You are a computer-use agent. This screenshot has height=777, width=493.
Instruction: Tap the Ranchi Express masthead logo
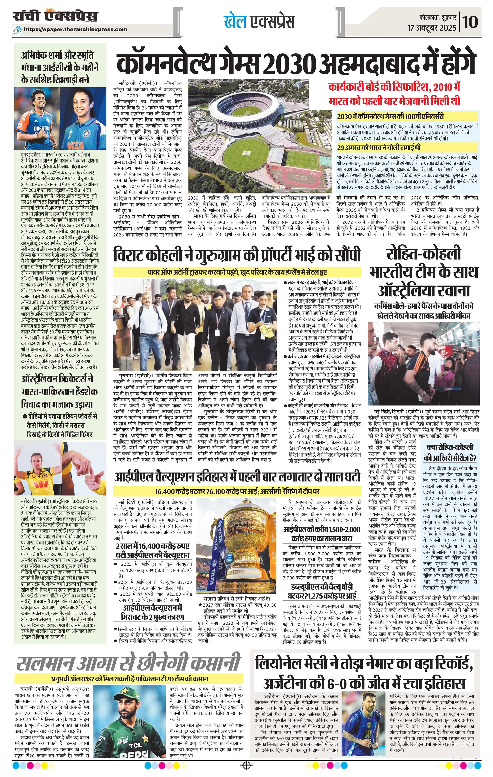click(56, 16)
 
